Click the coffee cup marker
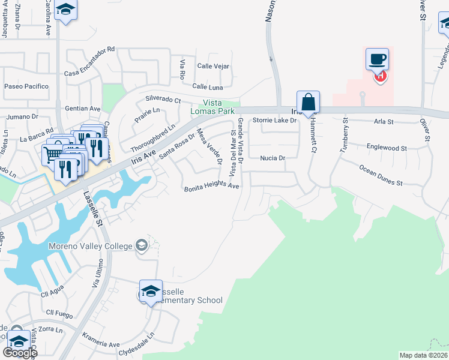[377, 59]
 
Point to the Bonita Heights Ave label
[212, 187]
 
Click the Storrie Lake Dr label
[275, 121]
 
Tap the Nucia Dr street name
[272, 158]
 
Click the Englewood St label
[387, 147]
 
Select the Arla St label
[384, 122]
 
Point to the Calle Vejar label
[213, 66]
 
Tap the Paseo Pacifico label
[26, 86]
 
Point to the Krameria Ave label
[101, 344]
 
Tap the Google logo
[20, 353]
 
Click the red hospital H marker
[379, 76]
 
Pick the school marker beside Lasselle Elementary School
[151, 291]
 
